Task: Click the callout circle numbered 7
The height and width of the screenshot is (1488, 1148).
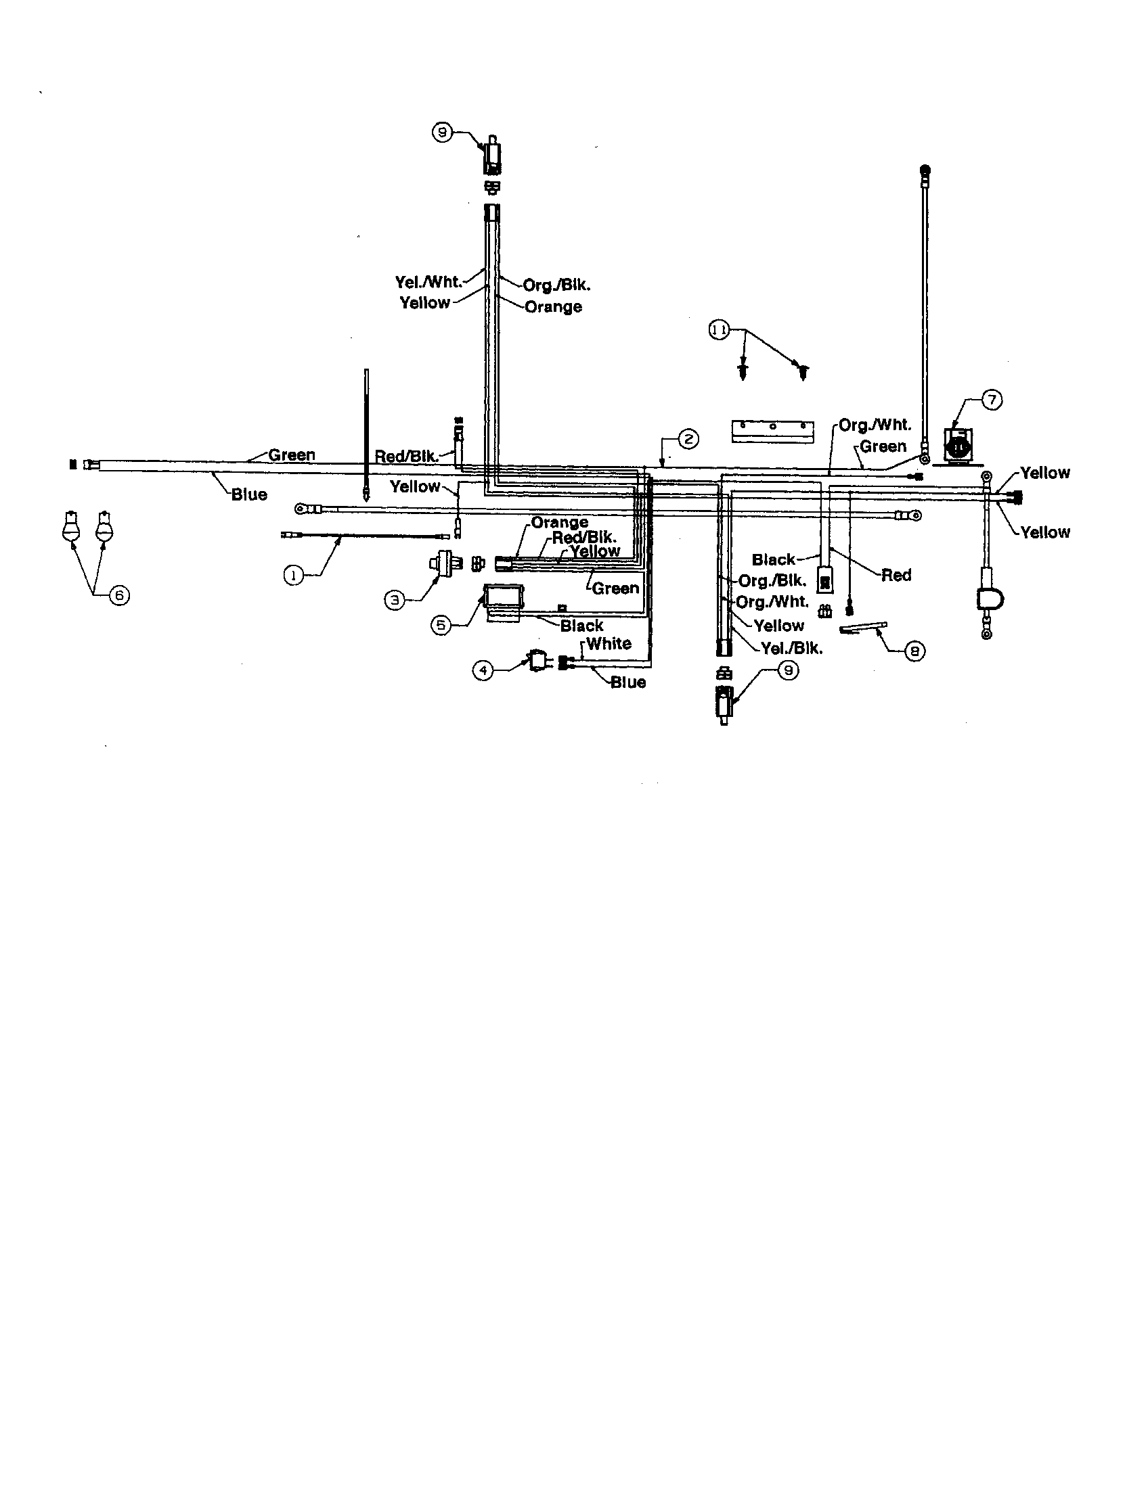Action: point(992,400)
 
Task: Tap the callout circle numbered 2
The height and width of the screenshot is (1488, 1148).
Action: point(688,439)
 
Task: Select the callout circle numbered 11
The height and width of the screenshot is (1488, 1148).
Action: point(720,331)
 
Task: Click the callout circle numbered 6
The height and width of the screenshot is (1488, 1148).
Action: point(119,595)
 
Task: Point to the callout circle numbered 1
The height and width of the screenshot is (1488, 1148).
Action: point(293,576)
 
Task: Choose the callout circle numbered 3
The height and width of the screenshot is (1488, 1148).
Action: point(394,599)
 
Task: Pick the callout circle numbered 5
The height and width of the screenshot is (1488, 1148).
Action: point(441,625)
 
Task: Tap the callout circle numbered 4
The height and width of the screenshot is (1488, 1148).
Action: point(483,670)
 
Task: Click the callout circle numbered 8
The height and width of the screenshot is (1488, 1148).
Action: point(914,651)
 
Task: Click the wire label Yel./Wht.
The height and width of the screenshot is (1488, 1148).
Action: point(428,282)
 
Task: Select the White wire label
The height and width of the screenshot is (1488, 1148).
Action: point(608,643)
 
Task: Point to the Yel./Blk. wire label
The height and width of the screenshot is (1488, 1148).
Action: point(791,648)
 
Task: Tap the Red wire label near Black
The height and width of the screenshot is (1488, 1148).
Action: point(896,575)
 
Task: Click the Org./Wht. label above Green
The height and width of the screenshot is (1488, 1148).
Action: point(875,425)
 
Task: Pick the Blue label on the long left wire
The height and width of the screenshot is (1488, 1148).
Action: point(249,494)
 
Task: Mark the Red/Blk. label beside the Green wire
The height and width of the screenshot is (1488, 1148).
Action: point(406,456)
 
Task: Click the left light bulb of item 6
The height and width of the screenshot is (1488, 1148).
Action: point(71,528)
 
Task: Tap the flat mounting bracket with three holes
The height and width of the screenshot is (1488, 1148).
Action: point(772,429)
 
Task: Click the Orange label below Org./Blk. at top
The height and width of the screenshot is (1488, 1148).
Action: point(553,306)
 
